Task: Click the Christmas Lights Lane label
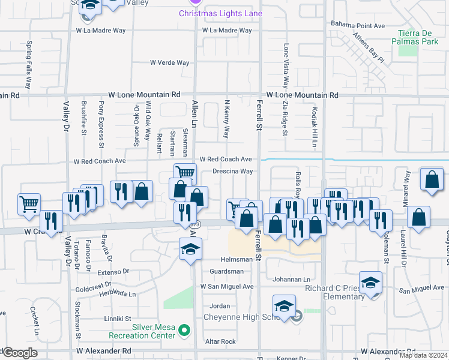(x=221, y=14)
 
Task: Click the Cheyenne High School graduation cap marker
(x=284, y=306)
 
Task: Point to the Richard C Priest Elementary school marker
(x=370, y=281)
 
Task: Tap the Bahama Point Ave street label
(x=358, y=25)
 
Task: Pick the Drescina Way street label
(x=232, y=171)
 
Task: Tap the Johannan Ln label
(x=291, y=279)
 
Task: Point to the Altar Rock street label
(x=220, y=341)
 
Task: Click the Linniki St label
(x=117, y=319)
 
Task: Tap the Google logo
(x=19, y=353)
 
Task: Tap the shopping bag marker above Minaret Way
(x=432, y=179)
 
